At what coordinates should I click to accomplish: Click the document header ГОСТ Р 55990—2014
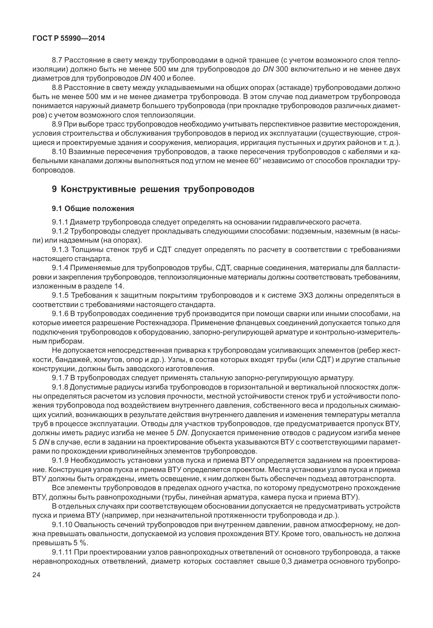click(x=69, y=39)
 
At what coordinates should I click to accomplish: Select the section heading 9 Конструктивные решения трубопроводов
click(x=153, y=189)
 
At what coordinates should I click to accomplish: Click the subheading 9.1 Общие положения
click(x=93, y=209)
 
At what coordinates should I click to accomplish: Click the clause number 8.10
click(x=59, y=152)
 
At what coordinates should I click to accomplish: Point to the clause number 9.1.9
click(x=60, y=460)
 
